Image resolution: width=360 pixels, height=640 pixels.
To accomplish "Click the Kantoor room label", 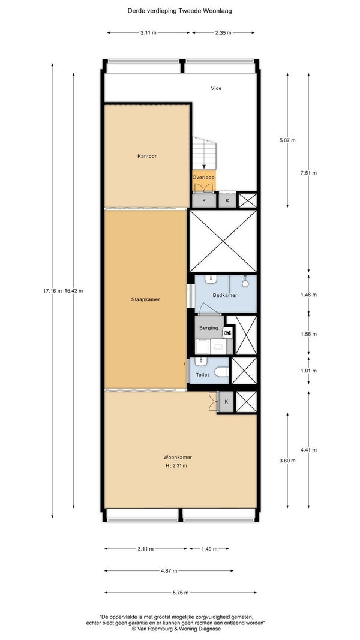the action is [x=147, y=156].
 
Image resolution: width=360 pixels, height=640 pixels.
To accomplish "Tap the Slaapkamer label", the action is [x=145, y=299].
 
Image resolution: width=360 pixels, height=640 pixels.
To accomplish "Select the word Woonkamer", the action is [x=178, y=457].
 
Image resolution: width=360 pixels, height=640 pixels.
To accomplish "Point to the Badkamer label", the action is [x=224, y=295].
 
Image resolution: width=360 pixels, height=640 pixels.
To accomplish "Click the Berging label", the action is [x=209, y=327].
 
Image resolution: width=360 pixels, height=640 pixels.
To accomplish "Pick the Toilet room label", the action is [x=202, y=375].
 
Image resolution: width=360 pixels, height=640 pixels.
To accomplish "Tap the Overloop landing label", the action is [x=203, y=178].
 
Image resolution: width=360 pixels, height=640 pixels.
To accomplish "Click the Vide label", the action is [x=217, y=88].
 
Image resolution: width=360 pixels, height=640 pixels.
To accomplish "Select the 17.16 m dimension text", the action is [x=52, y=291].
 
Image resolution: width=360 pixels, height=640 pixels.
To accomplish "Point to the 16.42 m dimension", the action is [x=74, y=291].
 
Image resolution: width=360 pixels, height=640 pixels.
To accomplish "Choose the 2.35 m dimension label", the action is [x=223, y=32].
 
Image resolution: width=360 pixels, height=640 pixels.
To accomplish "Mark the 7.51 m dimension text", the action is [x=308, y=173].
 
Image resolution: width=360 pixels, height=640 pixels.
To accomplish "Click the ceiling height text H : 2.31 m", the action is [x=177, y=465].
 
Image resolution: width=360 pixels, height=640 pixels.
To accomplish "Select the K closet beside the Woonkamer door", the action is [x=226, y=402].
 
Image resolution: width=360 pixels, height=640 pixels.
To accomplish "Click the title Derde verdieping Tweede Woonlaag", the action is [x=179, y=11].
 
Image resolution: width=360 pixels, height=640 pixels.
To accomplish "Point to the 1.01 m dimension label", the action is [x=308, y=371].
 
